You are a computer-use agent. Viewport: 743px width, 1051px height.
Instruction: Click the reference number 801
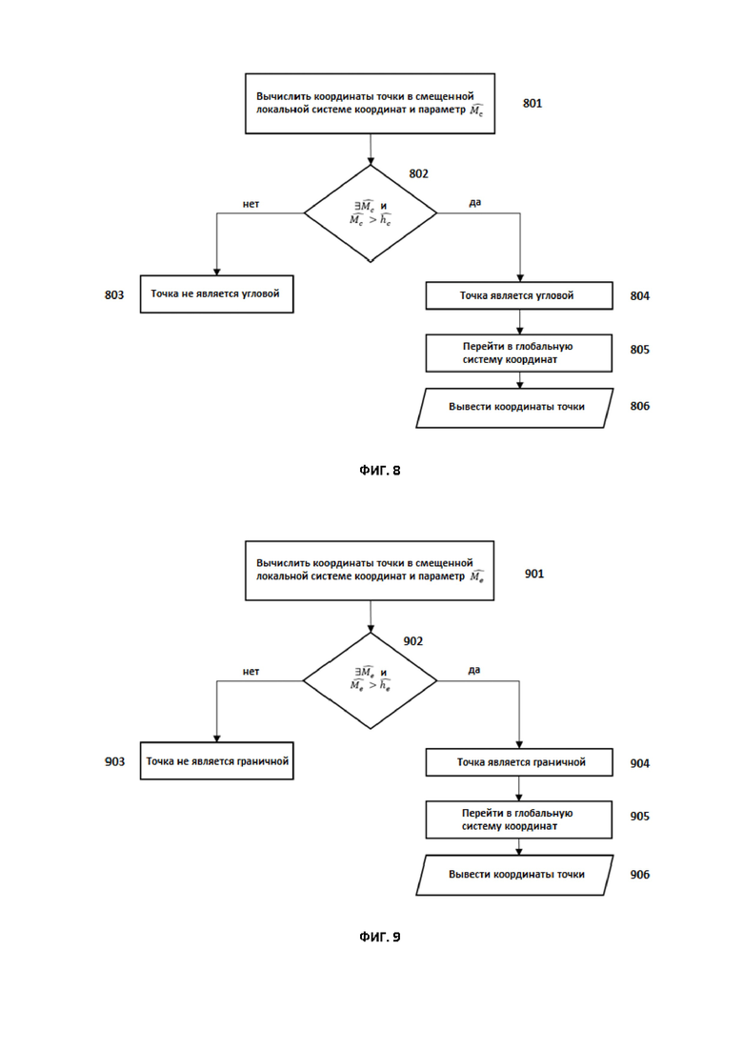tap(532, 103)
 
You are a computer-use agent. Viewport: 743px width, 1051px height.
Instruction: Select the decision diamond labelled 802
tap(371, 213)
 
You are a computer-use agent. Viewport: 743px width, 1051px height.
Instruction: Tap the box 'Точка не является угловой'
tap(216, 293)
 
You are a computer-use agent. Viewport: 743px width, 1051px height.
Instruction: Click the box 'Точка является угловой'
tap(518, 295)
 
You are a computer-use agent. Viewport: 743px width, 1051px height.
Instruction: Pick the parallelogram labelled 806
tap(514, 408)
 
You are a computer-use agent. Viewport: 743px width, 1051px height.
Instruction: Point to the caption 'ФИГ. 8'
tap(380, 471)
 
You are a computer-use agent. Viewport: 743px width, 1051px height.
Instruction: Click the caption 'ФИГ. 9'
tap(380, 937)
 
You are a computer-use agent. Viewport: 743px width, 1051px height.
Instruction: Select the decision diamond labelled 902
tap(370, 680)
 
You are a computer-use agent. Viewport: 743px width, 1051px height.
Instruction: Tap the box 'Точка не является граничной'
tap(216, 760)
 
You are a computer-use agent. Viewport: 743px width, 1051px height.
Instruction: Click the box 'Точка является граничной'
tap(518, 762)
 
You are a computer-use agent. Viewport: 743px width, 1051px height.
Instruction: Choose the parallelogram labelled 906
tap(514, 875)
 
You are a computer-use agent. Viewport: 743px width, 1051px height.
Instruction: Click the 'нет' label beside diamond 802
tap(251, 204)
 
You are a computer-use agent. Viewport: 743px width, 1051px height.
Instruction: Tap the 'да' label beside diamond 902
tap(474, 670)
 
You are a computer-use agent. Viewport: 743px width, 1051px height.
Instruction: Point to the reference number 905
tap(640, 817)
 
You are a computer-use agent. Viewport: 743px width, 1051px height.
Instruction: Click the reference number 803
tap(114, 295)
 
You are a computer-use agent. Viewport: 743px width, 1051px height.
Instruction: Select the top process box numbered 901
tap(370, 571)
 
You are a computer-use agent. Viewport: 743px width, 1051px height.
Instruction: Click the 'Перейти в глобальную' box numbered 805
tap(518, 354)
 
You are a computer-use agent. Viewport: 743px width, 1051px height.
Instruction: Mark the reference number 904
tap(640, 763)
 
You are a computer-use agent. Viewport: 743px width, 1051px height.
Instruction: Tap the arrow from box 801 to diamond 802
tap(371, 150)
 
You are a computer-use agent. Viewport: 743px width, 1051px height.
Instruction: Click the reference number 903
tap(114, 762)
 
